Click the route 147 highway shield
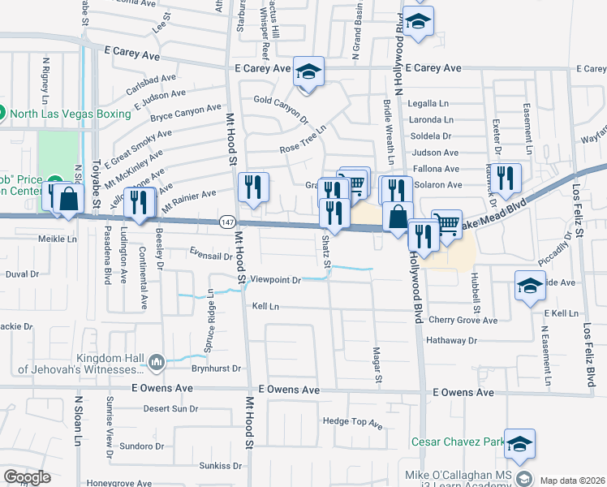[x=226, y=221]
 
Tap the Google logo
[x=27, y=477]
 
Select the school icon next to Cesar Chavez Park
[x=519, y=444]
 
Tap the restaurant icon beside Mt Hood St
[x=252, y=187]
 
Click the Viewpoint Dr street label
[x=276, y=280]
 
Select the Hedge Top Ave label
[x=352, y=422]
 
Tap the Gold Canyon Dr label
[x=281, y=106]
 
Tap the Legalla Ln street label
[x=428, y=104]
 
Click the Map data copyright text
[x=573, y=480]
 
